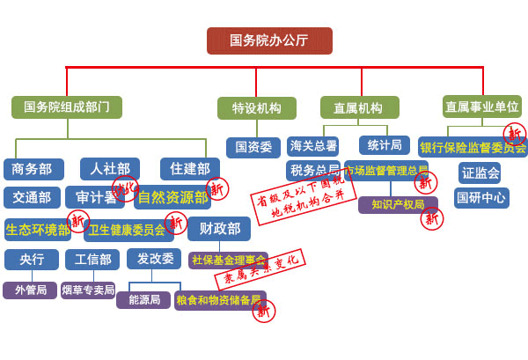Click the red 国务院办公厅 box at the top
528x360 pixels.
pos(269,40)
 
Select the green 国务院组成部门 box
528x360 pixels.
pos(67,107)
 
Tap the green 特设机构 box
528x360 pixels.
pos(256,108)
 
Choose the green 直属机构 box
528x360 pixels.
pos(359,108)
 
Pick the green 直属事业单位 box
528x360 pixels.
pos(481,107)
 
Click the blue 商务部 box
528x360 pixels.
pos(33,169)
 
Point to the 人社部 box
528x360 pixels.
pos(109,169)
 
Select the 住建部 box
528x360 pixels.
pos(189,169)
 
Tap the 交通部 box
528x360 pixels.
pos(32,197)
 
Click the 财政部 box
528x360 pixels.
pos(218,229)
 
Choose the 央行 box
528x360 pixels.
pos(32,260)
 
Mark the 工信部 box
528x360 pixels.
pos(92,260)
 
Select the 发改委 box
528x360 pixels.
pos(154,259)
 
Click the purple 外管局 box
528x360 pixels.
pos(30,290)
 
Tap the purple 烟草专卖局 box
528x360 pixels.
pos(88,290)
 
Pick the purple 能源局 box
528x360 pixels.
pos(143,300)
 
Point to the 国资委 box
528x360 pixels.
pos(253,147)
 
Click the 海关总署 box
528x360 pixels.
pos(313,146)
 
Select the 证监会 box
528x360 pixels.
pos(480,173)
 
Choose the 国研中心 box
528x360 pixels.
pos(481,198)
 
